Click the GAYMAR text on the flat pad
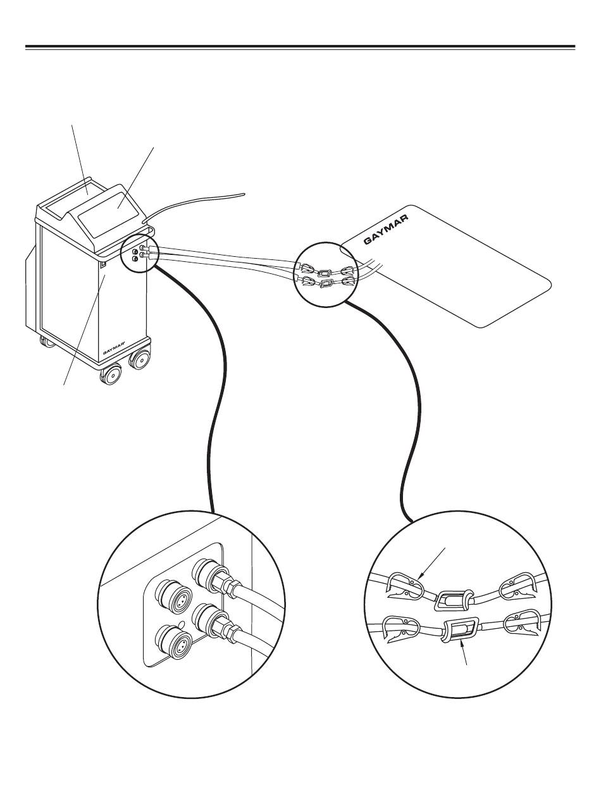(387, 229)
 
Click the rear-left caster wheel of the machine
(46, 342)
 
